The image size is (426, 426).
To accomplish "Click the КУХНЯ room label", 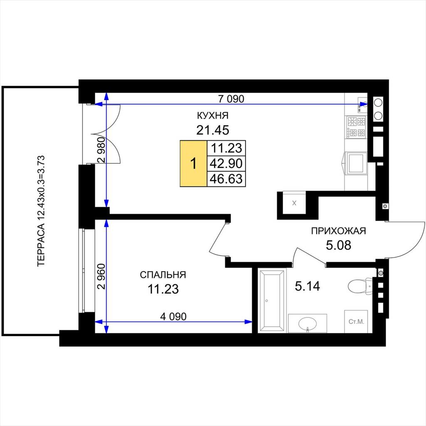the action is [x=213, y=116].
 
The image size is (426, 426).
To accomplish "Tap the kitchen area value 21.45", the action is [x=213, y=130].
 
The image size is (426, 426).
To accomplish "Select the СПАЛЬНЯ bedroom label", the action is [x=163, y=275].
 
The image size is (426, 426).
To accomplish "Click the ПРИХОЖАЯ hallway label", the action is [x=339, y=231].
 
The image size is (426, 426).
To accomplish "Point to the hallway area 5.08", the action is [x=339, y=245].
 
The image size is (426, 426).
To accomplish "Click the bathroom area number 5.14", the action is [x=307, y=286].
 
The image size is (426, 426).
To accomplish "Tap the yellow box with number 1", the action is [x=193, y=163].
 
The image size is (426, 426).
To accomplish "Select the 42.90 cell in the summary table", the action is [x=226, y=163].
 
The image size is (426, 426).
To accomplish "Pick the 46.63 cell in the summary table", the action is [x=226, y=179].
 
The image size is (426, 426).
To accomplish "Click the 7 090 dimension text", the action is [x=231, y=99].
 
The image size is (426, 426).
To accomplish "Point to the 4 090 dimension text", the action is [x=173, y=317].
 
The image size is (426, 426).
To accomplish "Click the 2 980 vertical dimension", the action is [x=102, y=150].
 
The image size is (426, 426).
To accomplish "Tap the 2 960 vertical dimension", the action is [x=102, y=276].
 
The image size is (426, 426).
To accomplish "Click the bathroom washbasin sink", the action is [x=307, y=324].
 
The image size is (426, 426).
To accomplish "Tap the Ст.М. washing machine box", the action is [x=356, y=322].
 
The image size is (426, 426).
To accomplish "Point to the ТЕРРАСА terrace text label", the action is [x=40, y=211].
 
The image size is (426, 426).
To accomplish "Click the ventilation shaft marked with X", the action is [x=294, y=203].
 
